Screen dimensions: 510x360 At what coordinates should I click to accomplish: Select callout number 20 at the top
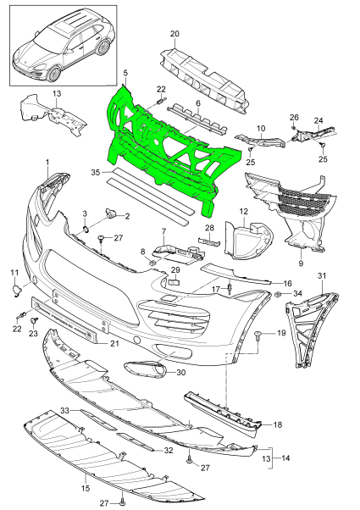(x=174, y=34)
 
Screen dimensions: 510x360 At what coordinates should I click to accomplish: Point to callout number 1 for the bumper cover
(x=47, y=162)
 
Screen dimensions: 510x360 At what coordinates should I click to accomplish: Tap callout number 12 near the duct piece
(x=242, y=211)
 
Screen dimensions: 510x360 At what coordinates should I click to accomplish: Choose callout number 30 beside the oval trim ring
(x=181, y=374)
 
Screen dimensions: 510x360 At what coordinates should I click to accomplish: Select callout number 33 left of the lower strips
(x=65, y=412)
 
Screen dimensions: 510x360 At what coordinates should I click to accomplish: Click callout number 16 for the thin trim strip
(x=287, y=284)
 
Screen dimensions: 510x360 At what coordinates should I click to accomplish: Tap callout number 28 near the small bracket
(x=209, y=229)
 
